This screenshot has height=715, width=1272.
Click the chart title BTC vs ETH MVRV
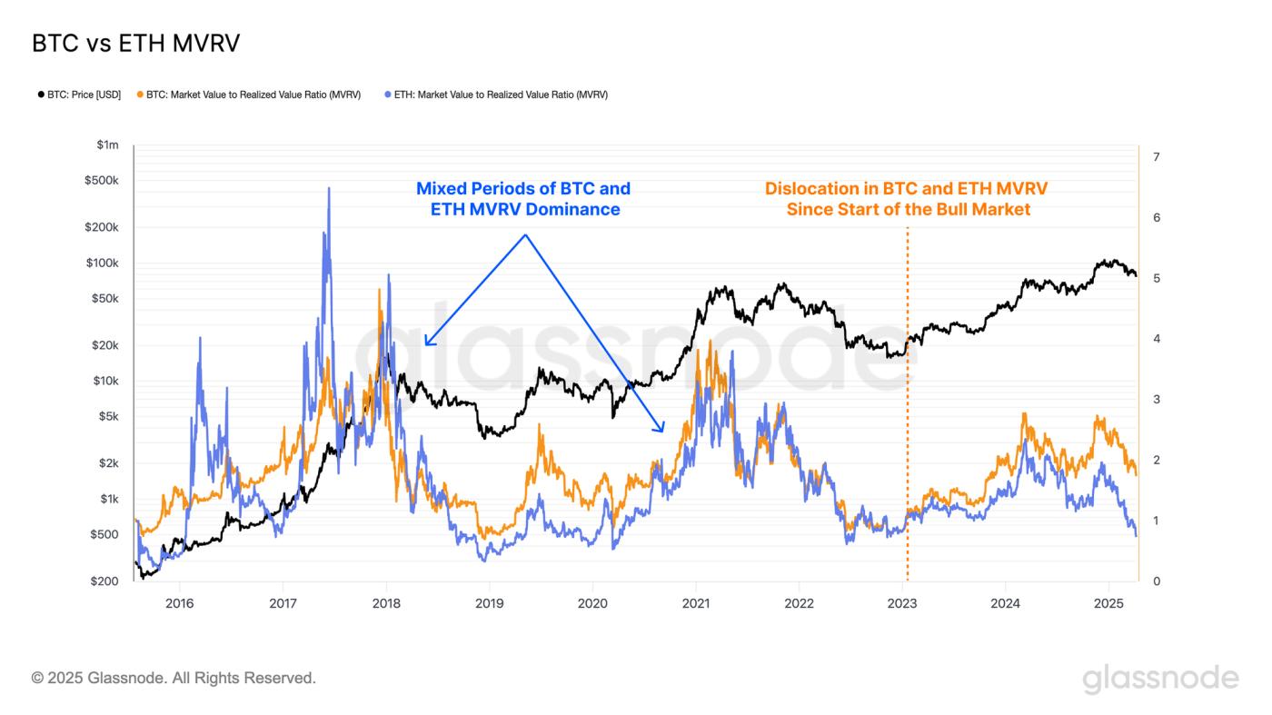pos(135,44)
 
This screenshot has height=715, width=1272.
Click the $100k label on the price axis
pos(102,263)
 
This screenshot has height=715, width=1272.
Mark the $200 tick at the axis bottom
pos(105,581)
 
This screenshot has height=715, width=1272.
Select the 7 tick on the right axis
pos(1156,157)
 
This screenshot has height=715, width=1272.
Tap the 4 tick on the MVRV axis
pos(1156,339)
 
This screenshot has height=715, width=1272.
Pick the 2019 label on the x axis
pos(490,603)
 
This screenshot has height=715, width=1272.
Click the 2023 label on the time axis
pos(902,603)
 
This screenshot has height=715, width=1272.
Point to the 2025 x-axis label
pos(1108,603)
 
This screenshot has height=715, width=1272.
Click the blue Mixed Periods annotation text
pos(523,199)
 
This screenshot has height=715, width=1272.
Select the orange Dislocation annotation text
pos(907,199)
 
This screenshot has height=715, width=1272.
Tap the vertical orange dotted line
pos(908,409)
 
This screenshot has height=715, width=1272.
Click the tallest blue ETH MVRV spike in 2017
pos(329,190)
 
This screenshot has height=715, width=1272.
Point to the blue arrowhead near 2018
pos(426,343)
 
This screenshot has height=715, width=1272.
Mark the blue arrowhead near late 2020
pos(662,428)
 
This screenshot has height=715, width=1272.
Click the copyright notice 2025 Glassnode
pos(174,678)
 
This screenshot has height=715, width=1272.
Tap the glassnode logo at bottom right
pos(1160,679)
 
